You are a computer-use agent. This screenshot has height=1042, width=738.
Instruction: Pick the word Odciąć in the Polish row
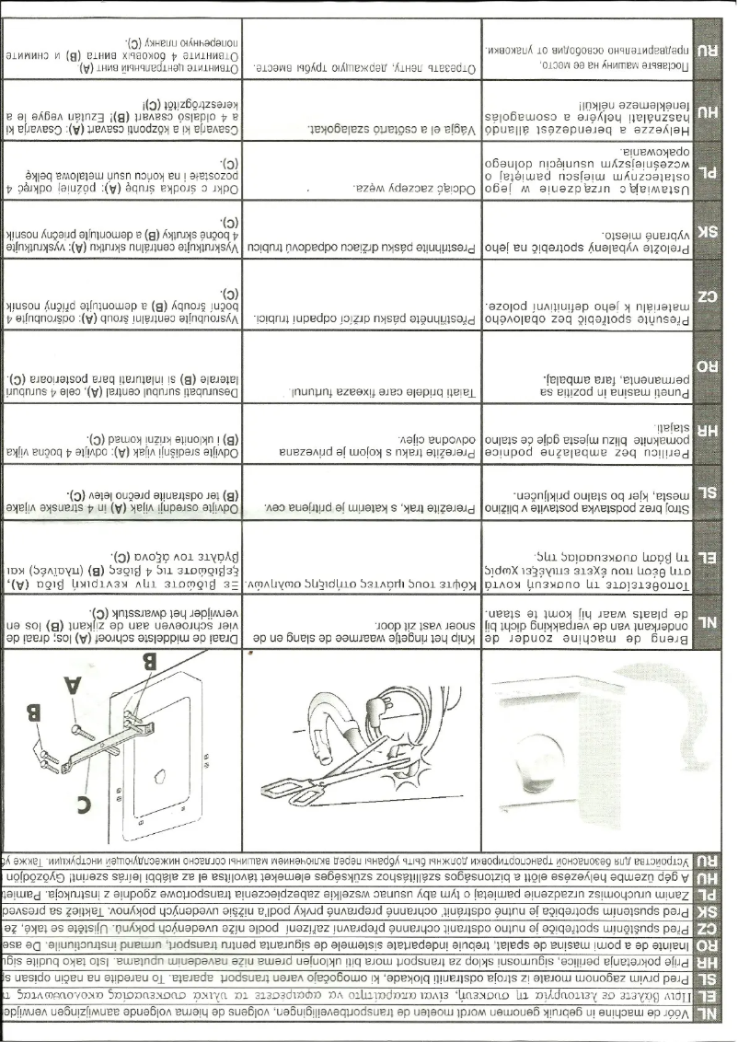pyautogui.click(x=455, y=186)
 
